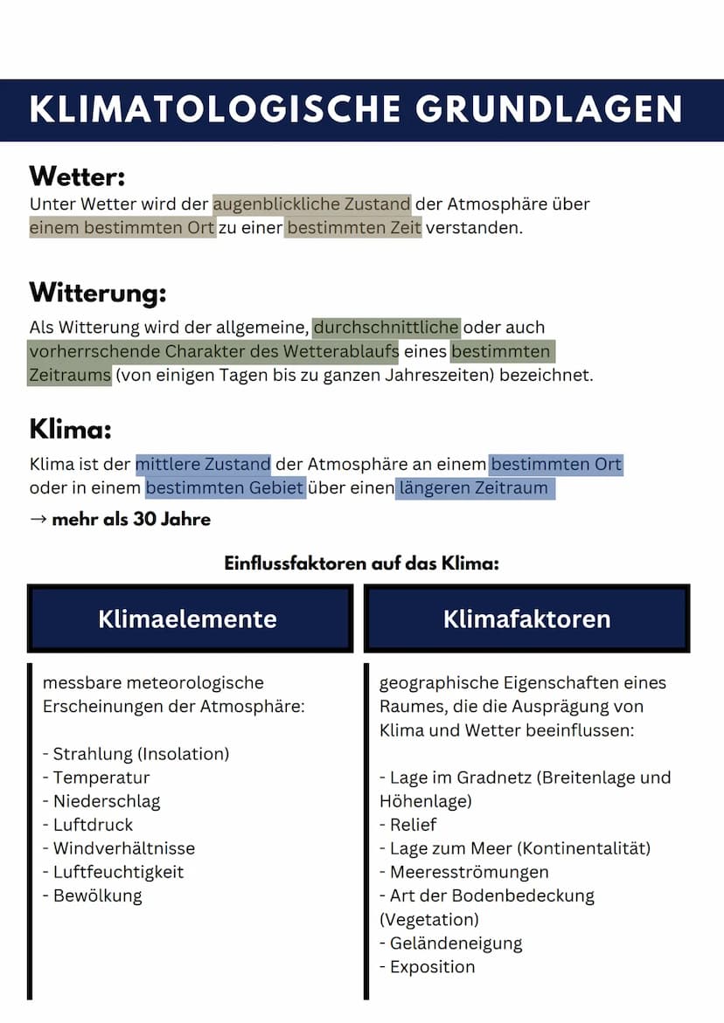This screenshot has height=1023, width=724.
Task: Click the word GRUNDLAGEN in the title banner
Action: (548, 110)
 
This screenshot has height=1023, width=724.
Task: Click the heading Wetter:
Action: (77, 176)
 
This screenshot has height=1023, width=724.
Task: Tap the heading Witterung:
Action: (97, 292)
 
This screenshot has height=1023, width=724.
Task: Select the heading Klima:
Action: (70, 429)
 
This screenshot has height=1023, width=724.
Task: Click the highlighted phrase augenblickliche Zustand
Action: (311, 204)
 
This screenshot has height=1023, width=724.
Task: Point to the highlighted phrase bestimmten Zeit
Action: (353, 228)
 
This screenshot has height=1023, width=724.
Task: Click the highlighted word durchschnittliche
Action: (386, 328)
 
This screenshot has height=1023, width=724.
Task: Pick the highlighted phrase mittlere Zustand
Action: (203, 463)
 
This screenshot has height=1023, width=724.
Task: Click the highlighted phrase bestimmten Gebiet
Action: (225, 487)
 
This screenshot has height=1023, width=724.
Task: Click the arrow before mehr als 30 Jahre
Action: (38, 520)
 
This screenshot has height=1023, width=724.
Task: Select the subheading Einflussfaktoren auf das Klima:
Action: (361, 563)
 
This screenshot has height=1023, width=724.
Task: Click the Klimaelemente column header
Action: (187, 619)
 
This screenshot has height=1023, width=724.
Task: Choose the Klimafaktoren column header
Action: (526, 619)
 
